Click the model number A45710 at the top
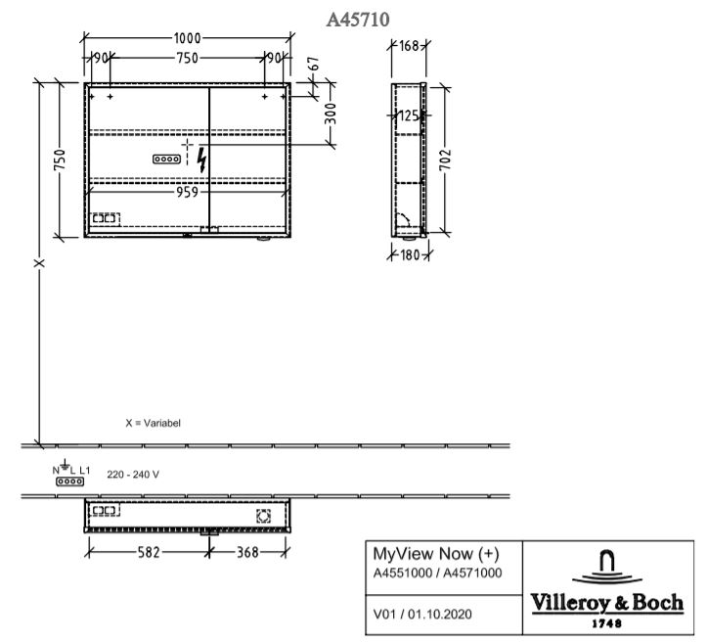point(358,20)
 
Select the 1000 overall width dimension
point(187,38)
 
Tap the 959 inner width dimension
point(187,192)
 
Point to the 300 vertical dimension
point(331,114)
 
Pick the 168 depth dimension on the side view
point(409,46)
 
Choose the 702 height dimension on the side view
point(445,160)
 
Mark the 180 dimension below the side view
point(410,255)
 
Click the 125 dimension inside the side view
point(408,116)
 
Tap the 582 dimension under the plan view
point(149,552)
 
